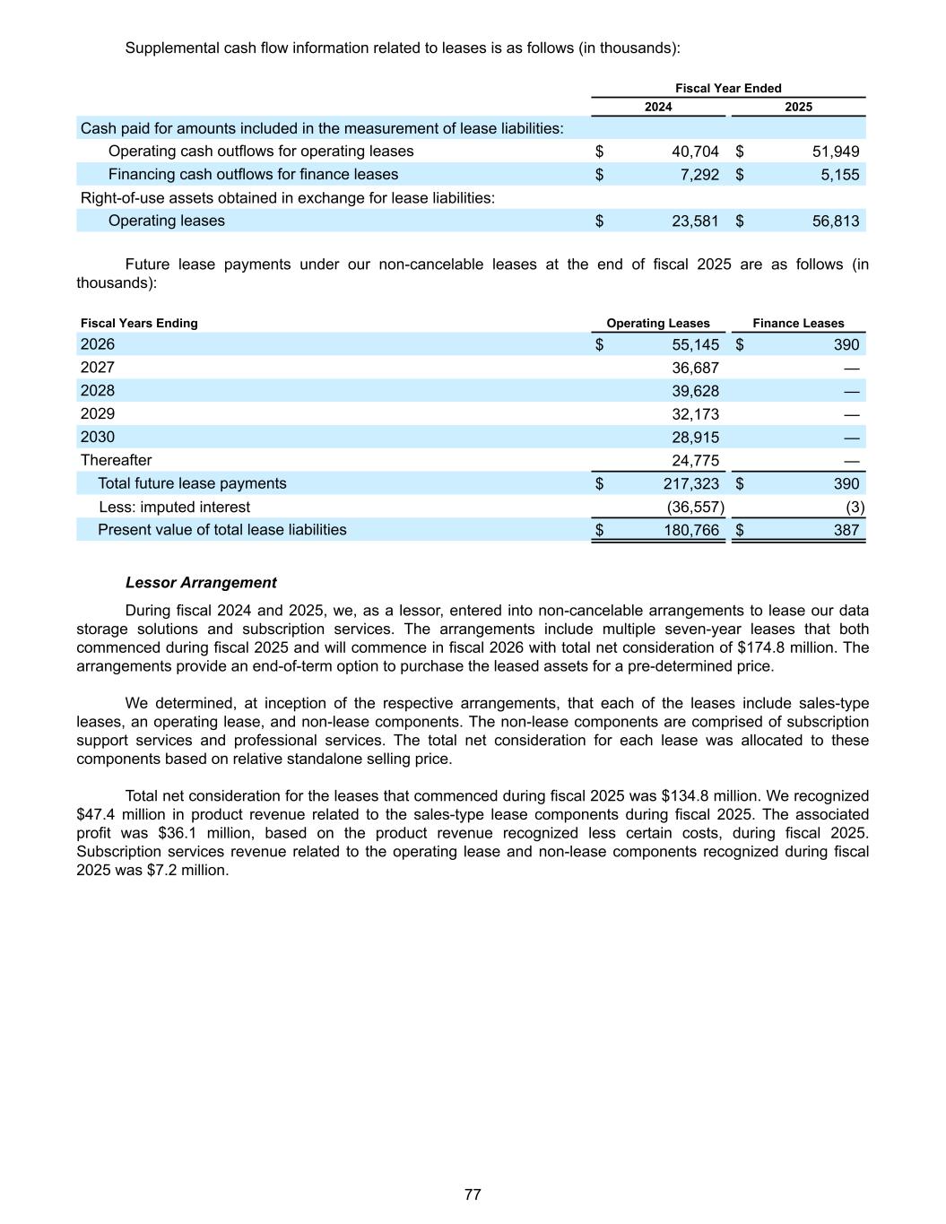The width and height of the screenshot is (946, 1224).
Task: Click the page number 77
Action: coord(473,1194)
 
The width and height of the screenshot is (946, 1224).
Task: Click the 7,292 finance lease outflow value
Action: coord(699,175)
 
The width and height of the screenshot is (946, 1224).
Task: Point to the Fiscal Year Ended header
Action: coord(728,88)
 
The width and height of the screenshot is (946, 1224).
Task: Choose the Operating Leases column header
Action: coord(658,324)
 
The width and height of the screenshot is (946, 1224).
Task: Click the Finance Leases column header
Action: coord(798,324)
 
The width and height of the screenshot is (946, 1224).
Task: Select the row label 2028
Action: coord(98,391)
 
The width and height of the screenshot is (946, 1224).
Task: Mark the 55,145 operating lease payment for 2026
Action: coord(695,345)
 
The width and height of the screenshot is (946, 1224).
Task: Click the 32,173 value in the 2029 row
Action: coord(695,414)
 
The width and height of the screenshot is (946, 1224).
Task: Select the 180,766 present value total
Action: coord(691,531)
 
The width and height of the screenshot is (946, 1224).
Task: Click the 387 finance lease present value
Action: coord(846,531)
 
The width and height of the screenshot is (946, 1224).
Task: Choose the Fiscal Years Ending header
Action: coord(139,324)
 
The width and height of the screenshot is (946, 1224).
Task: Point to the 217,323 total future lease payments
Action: coord(691,484)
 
